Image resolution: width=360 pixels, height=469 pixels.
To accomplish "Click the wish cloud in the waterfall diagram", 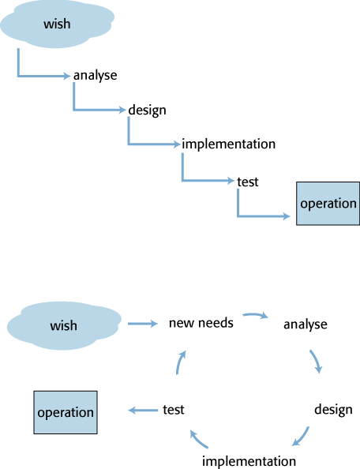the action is coord(57,24).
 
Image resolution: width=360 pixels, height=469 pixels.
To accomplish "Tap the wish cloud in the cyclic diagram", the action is coord(64,325).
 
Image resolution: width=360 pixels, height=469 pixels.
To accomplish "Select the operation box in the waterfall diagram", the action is coord(328,204).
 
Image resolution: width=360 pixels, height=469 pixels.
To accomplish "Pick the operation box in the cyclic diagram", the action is coord(66,412).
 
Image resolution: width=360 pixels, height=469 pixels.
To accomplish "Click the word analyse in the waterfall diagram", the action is coord(95,75).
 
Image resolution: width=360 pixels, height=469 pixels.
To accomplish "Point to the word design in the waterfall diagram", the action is coord(147,110).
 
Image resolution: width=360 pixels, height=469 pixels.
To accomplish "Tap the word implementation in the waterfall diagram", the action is coord(228,144).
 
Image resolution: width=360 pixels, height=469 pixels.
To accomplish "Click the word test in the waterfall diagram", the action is coord(248,182).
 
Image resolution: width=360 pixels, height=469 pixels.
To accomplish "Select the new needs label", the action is coord(201,323).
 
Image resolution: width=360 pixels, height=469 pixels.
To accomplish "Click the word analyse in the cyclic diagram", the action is coord(306,325).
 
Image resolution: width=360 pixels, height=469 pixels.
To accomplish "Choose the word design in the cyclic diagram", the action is coord(333,410).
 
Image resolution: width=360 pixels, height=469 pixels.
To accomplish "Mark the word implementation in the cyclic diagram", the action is coord(249,461).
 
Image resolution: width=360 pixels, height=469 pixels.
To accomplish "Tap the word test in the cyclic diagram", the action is coord(174,410).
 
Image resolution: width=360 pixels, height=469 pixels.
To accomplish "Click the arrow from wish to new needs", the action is coord(143,324).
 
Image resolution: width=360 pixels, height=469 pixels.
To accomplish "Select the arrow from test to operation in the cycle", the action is coord(143,410).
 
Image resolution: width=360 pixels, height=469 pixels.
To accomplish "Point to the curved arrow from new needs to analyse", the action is coord(255,315).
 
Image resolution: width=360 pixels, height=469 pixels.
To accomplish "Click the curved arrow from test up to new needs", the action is coord(180,362).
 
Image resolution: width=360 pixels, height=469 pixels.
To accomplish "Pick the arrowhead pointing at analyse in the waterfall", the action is coord(66,76).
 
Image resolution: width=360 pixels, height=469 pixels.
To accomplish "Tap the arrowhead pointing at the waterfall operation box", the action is coord(286,216).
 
